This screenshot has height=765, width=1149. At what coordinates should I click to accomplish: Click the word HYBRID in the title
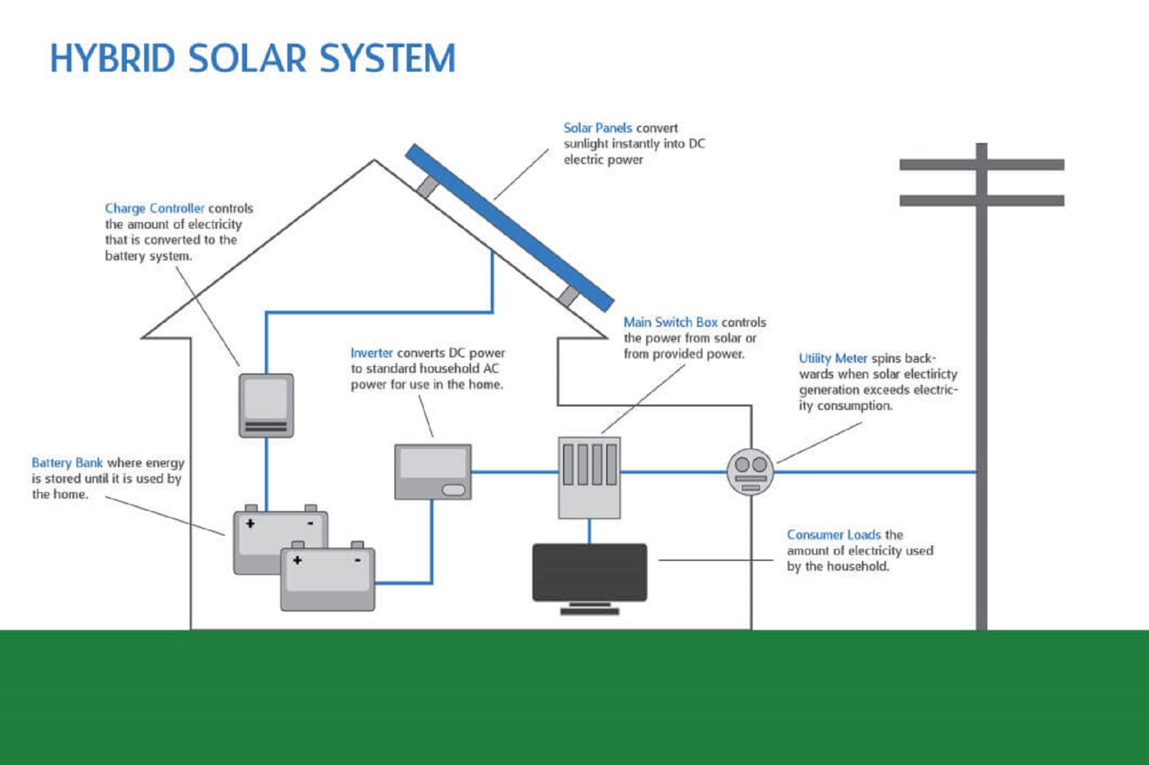112,59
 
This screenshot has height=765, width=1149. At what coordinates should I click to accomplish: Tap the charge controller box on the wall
266,405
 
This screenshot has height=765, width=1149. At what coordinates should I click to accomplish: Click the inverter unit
432,471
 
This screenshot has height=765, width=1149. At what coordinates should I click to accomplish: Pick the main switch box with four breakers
589,477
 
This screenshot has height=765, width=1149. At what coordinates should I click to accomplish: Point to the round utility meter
750,472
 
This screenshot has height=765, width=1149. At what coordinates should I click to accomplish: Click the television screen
590,572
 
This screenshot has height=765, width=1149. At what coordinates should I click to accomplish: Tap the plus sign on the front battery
297,560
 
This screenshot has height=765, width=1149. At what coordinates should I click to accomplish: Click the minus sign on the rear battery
310,524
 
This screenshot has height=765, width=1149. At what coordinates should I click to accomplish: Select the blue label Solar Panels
597,128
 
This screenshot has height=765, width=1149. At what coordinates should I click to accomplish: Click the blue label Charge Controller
154,208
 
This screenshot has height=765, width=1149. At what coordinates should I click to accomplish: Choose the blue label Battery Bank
67,463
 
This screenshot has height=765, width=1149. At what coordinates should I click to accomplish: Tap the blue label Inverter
371,353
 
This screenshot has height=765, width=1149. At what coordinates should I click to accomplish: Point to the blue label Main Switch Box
670,323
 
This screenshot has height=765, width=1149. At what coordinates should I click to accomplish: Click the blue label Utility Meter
833,358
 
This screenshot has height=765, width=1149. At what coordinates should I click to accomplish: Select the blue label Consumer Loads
833,534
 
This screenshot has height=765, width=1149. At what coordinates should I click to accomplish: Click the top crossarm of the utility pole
981,164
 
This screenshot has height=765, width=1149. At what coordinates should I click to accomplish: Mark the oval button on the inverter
453,490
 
